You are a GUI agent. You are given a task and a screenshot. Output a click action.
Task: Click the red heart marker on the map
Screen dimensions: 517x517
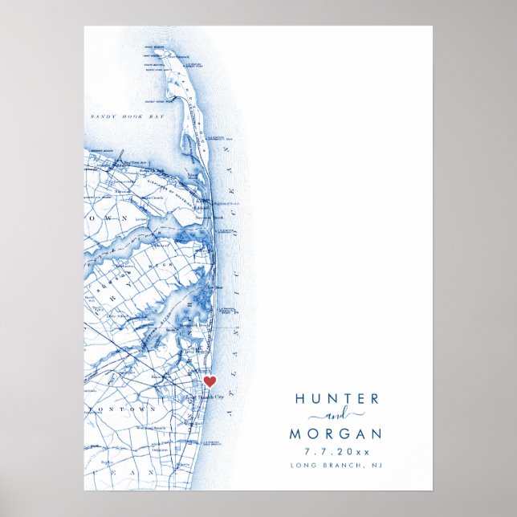[210, 381]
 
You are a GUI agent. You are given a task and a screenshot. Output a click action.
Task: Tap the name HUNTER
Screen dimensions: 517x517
[337, 399]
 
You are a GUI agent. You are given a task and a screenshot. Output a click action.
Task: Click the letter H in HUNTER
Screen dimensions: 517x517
[300, 399]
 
